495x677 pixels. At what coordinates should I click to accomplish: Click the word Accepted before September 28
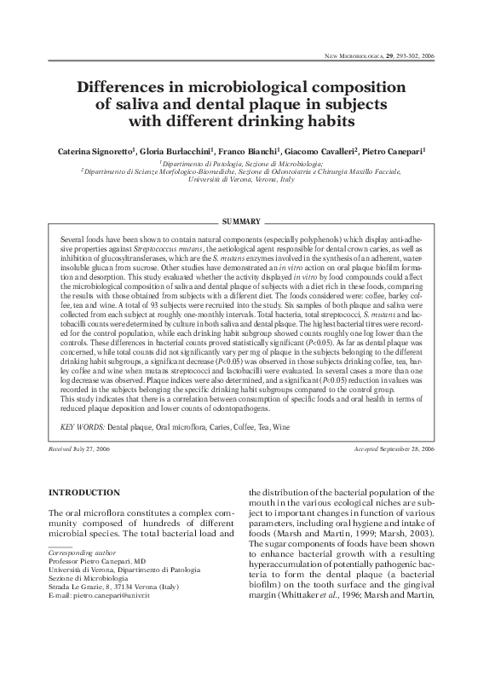[x=371, y=448]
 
